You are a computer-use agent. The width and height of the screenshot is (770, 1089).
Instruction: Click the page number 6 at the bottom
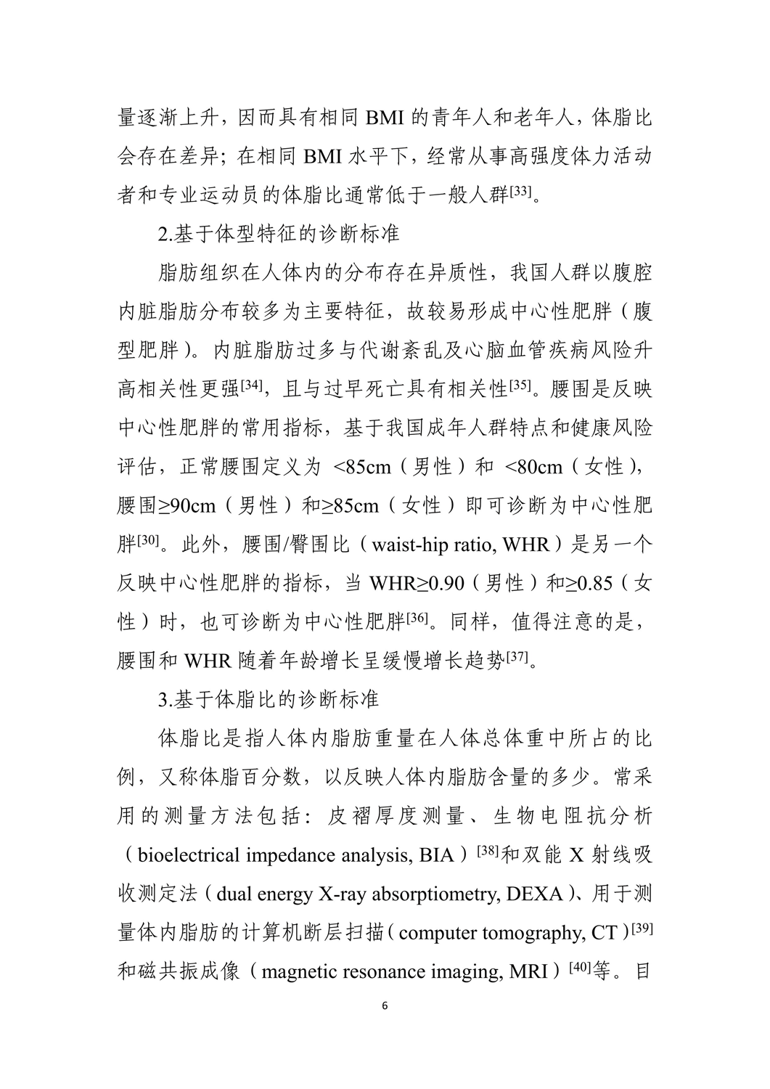click(x=385, y=1006)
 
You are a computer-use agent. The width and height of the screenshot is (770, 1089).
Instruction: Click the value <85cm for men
click(x=362, y=467)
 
